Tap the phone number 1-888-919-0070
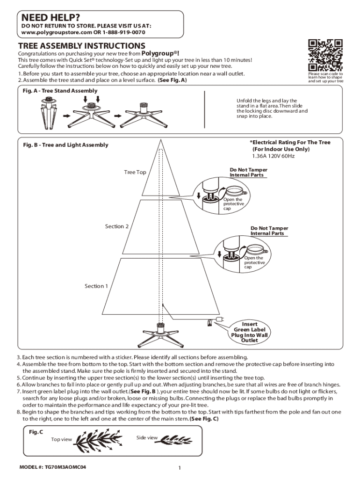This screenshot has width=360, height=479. click(120, 33)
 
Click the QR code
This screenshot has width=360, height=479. click(325, 55)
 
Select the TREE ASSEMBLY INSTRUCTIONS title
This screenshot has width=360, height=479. click(81, 46)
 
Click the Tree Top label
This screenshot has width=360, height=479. click(135, 173)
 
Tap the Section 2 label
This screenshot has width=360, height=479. click(117, 226)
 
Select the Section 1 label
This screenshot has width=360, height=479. click(96, 286)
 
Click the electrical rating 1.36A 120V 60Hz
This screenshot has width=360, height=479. click(273, 156)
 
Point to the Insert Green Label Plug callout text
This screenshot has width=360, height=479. click(249, 332)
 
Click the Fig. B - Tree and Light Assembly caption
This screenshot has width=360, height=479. click(65, 145)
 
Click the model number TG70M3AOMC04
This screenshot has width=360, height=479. click(52, 467)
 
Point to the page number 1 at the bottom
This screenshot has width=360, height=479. click(180, 468)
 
